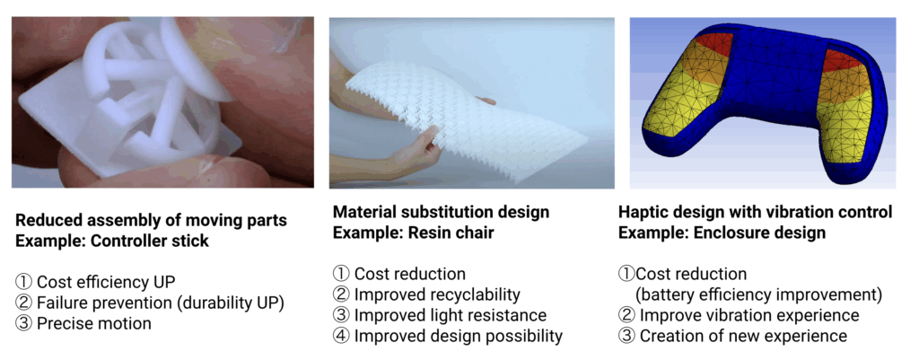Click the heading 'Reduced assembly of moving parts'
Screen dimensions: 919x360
coord(151,221)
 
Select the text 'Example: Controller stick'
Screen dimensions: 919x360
coord(112,241)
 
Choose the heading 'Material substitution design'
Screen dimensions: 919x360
coord(442,212)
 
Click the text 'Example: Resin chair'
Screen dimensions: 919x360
coord(413,233)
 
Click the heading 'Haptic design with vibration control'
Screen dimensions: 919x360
coord(756,212)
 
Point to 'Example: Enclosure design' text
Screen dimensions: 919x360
coord(722,233)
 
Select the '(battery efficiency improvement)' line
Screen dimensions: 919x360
coord(759,294)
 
